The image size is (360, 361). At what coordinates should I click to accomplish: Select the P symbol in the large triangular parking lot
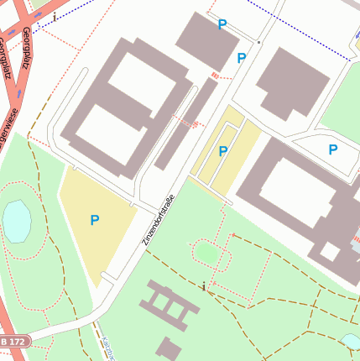point(95,220)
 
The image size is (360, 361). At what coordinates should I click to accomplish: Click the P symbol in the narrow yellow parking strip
point(222,151)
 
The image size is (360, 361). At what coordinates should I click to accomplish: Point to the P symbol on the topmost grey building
point(222,25)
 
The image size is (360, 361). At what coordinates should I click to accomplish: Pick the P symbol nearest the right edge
point(333,149)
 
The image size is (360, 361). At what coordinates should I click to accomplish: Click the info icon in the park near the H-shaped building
point(203,286)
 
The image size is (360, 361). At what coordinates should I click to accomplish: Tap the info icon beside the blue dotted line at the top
point(55,17)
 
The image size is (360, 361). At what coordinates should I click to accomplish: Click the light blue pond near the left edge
point(16,220)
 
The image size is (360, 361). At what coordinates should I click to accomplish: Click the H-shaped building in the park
point(171,304)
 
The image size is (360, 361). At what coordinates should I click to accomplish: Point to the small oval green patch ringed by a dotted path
point(206,251)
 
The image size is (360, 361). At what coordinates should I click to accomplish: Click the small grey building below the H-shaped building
point(170,348)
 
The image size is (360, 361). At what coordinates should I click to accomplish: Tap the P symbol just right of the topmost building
point(242,58)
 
